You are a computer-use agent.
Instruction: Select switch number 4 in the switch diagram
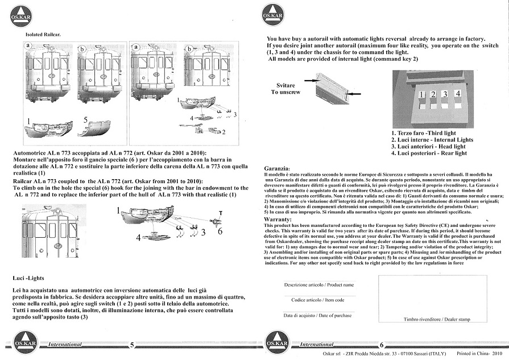(x=458, y=93)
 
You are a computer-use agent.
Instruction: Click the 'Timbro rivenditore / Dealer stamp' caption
(x=437, y=320)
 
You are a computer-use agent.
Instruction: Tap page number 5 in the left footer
(x=132, y=345)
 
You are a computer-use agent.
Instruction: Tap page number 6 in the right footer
(x=382, y=345)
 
